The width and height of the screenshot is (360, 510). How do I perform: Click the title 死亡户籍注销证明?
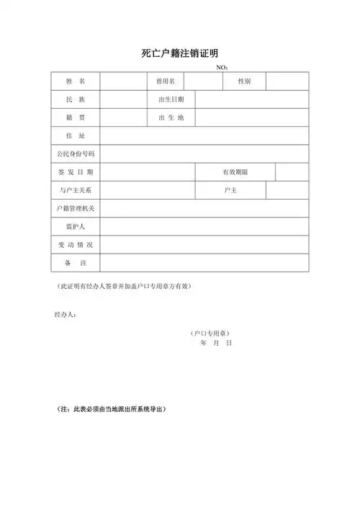(180, 53)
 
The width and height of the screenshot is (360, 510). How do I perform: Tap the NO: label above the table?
(222, 68)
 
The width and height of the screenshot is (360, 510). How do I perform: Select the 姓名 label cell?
(76, 81)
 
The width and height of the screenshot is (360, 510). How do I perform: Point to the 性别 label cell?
(245, 81)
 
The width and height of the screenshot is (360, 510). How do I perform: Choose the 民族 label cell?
(76, 99)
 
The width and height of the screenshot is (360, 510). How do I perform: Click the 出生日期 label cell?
(171, 99)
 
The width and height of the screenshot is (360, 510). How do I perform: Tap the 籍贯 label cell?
(76, 117)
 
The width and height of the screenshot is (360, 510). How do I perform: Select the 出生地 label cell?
(171, 117)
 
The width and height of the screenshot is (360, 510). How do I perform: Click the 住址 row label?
(76, 135)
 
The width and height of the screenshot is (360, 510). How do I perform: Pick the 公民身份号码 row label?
(76, 154)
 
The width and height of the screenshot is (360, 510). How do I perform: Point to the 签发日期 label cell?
(76, 172)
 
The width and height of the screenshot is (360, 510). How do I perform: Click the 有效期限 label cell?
(235, 172)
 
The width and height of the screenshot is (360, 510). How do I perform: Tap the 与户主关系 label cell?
(76, 190)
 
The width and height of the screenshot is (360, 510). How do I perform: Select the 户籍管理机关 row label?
(76, 208)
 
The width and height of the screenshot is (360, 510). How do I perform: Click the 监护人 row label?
(76, 227)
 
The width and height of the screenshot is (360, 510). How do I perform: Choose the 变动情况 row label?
(76, 245)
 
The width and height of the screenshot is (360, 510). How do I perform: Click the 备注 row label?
(76, 263)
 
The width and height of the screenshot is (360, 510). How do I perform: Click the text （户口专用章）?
(210, 334)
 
